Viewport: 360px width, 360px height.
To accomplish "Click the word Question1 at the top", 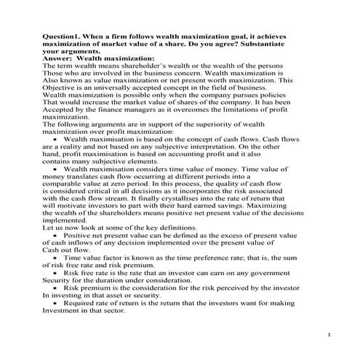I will pyautogui.click(x=62, y=36).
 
